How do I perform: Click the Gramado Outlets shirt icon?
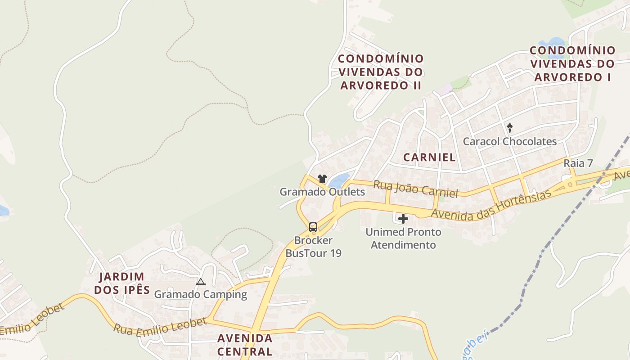point(322,179)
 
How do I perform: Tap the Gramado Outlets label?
point(322,192)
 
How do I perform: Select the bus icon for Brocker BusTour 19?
point(313,227)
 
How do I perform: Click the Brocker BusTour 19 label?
point(313,247)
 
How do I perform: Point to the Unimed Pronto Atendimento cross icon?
point(403,219)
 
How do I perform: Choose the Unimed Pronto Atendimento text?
point(403,238)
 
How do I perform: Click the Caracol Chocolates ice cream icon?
point(510,128)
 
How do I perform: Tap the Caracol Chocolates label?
point(510,141)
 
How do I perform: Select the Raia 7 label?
point(578,163)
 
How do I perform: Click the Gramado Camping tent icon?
point(201,282)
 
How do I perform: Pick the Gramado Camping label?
point(201,295)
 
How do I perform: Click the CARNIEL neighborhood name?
point(429,157)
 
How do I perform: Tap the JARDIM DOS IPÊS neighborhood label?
point(121,283)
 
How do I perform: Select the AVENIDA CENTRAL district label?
point(245,345)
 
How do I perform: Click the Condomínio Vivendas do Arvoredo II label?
point(381,72)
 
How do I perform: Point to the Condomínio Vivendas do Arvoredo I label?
point(572,63)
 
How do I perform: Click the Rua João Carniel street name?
point(415,189)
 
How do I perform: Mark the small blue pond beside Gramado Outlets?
point(339,181)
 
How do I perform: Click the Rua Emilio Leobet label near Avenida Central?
point(160,326)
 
